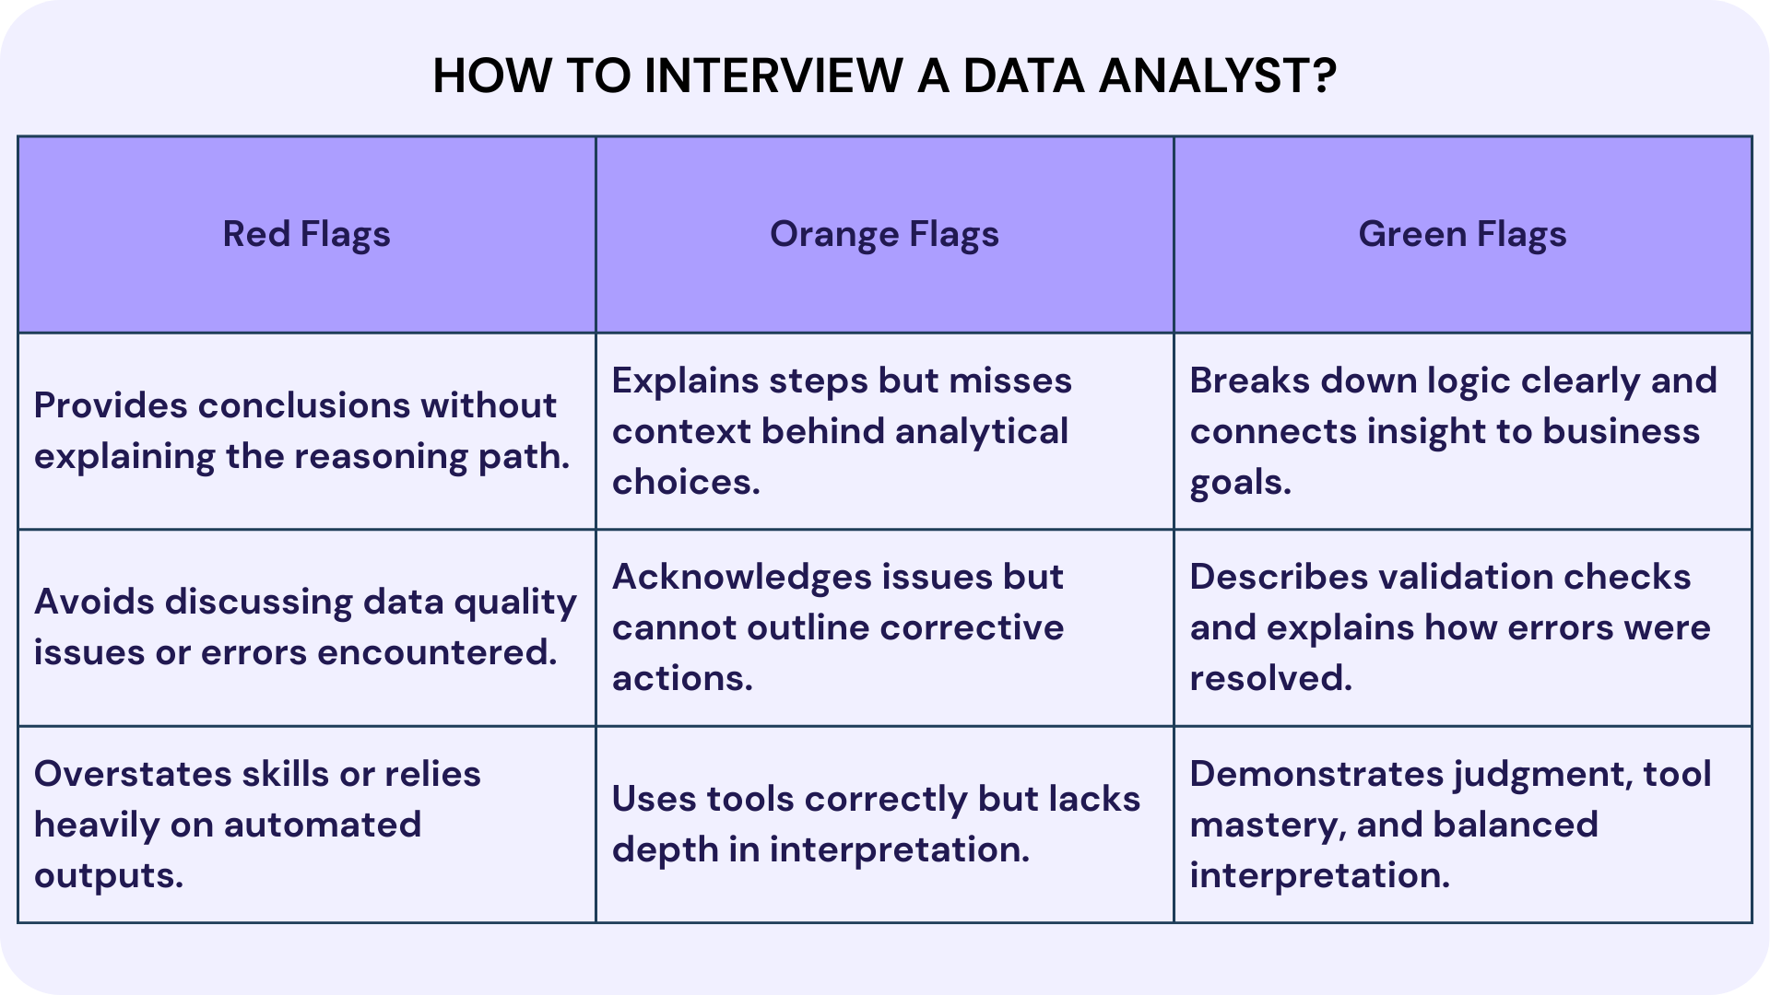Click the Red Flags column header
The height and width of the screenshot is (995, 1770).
click(306, 234)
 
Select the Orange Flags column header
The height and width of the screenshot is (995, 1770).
click(884, 234)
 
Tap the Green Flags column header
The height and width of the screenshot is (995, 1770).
click(1462, 234)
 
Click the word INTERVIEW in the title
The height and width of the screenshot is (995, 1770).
click(773, 76)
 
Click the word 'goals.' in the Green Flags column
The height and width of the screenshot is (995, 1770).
click(1240, 483)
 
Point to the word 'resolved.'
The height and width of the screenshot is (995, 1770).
click(1270, 678)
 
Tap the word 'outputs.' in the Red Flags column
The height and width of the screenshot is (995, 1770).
click(109, 875)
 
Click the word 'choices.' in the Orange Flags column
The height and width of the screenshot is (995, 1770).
click(686, 482)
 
